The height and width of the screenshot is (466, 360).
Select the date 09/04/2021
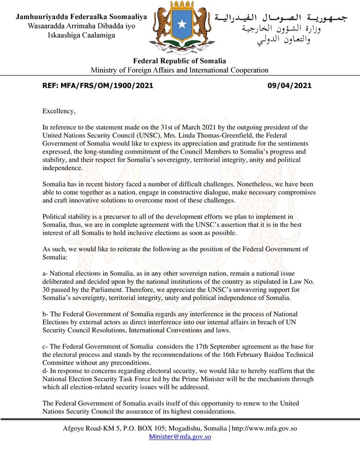click(290, 86)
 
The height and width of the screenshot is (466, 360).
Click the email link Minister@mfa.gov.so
click(180, 437)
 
